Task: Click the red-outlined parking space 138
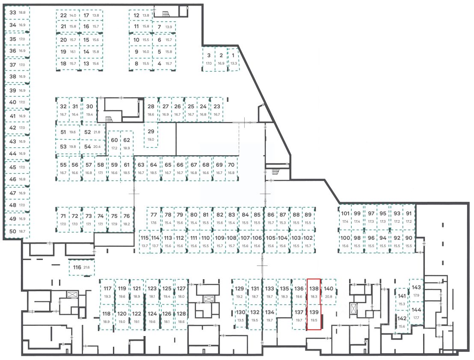(314, 292)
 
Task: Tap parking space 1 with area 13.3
(233, 59)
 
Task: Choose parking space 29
(151, 135)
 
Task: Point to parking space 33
(18, 13)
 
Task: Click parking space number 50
(18, 231)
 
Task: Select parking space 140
(329, 292)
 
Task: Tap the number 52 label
(88, 132)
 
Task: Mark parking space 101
(345, 217)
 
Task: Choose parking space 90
(409, 242)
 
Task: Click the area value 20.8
(329, 296)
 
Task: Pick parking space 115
(145, 242)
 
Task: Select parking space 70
(231, 168)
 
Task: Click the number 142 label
(402, 318)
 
